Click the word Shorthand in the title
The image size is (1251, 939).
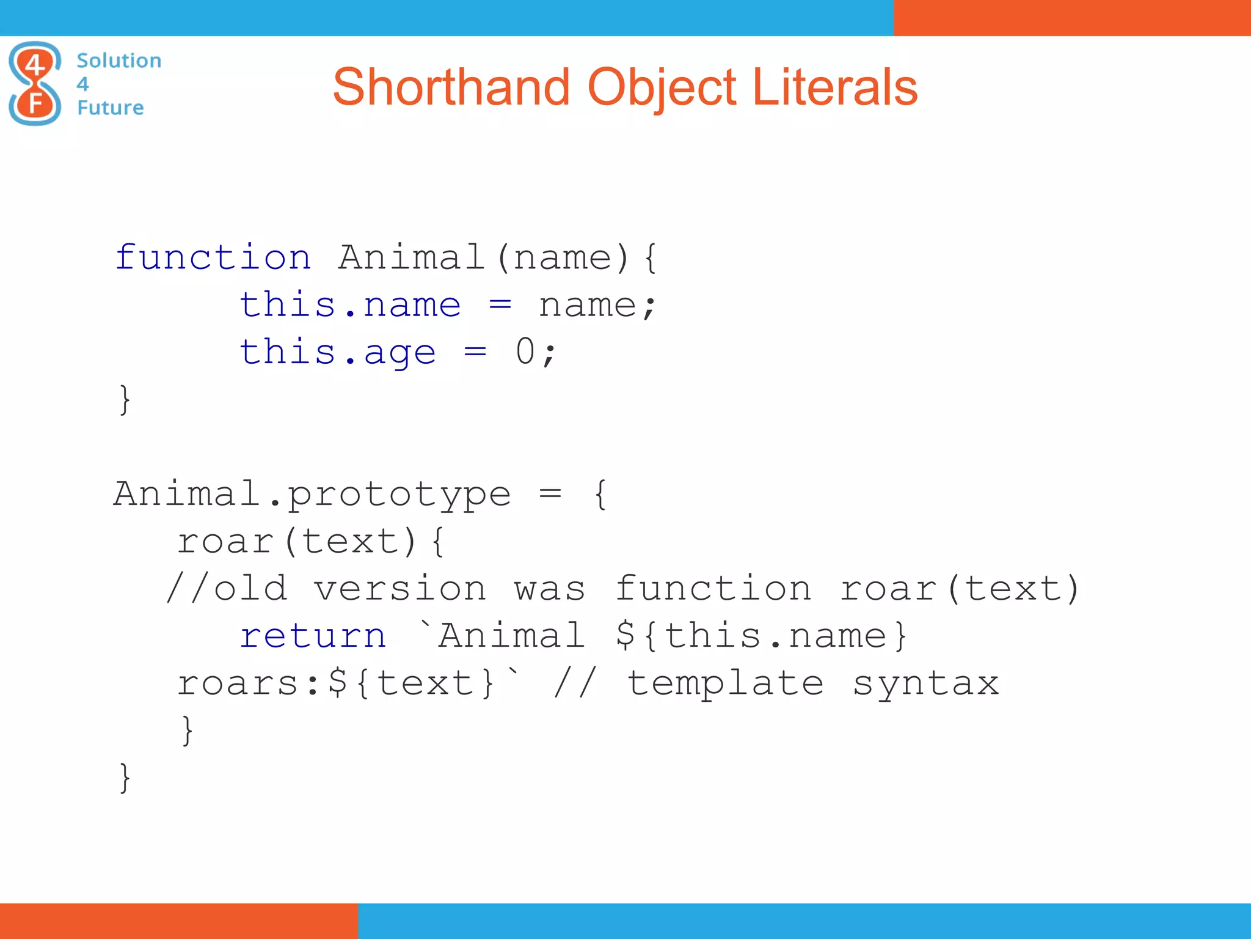[451, 87]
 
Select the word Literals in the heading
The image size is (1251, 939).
[834, 87]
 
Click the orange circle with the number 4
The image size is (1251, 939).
[35, 64]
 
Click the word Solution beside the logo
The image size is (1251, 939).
[119, 61]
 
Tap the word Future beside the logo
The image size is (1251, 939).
[111, 108]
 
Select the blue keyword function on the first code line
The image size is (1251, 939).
[213, 257]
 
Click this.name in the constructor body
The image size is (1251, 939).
[350, 304]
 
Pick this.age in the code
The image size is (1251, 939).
[338, 352]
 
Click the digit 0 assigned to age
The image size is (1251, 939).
[525, 352]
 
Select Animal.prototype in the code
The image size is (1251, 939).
[312, 494]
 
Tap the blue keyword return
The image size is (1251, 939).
[313, 636]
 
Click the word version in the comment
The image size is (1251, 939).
[400, 589]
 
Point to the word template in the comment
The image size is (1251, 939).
[725, 683]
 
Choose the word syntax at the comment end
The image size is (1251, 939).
[925, 684]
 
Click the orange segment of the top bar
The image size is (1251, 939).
[1072, 18]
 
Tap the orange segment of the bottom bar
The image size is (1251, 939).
[178, 921]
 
